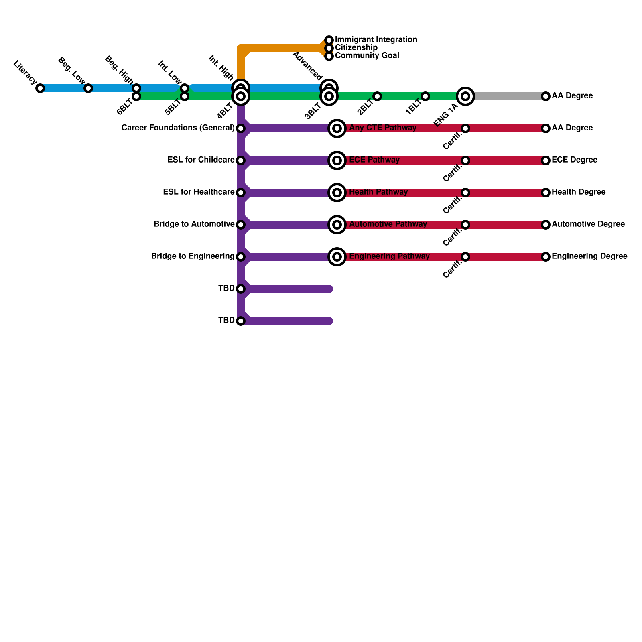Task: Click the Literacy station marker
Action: [40, 88]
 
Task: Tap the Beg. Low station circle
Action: [88, 88]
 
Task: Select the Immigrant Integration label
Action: [376, 40]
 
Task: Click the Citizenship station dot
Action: [329, 48]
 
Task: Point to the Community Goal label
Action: [367, 56]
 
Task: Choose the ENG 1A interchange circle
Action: [465, 96]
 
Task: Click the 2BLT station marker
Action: [377, 96]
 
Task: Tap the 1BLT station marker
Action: [425, 96]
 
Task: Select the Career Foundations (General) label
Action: [178, 128]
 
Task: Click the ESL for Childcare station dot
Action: [241, 160]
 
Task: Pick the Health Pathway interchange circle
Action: [337, 193]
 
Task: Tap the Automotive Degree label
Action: [588, 224]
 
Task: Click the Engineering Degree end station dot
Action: [546, 257]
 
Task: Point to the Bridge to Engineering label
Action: [193, 256]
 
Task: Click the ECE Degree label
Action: [574, 160]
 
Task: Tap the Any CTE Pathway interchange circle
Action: [337, 128]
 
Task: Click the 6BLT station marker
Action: [136, 97]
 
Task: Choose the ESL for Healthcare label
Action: [199, 192]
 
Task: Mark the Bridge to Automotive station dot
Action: [241, 225]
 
